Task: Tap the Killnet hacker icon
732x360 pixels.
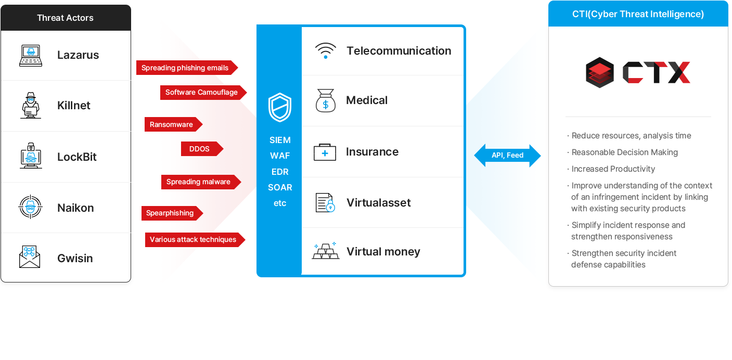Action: pyautogui.click(x=31, y=106)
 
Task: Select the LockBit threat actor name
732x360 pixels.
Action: pyautogui.click(x=77, y=157)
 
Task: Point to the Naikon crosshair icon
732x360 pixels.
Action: pyautogui.click(x=31, y=208)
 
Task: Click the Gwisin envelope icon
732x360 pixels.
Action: pyautogui.click(x=30, y=257)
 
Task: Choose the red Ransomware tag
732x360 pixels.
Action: pyautogui.click(x=172, y=125)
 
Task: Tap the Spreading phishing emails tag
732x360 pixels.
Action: pyautogui.click(x=186, y=68)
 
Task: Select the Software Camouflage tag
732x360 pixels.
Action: pyautogui.click(x=202, y=93)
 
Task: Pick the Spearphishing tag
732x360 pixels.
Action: pyautogui.click(x=171, y=213)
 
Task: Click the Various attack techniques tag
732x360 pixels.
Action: pyautogui.click(x=194, y=240)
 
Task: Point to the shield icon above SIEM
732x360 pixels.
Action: pyautogui.click(x=280, y=108)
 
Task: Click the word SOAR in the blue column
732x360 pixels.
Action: pyautogui.click(x=280, y=187)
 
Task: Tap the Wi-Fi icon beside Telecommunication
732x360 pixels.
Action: pyautogui.click(x=326, y=51)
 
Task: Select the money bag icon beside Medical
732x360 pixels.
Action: pyautogui.click(x=326, y=100)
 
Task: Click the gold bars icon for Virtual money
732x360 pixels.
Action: pyautogui.click(x=326, y=251)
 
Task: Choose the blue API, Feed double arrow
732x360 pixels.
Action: pyautogui.click(x=507, y=156)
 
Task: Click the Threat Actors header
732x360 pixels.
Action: pyautogui.click(x=66, y=18)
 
